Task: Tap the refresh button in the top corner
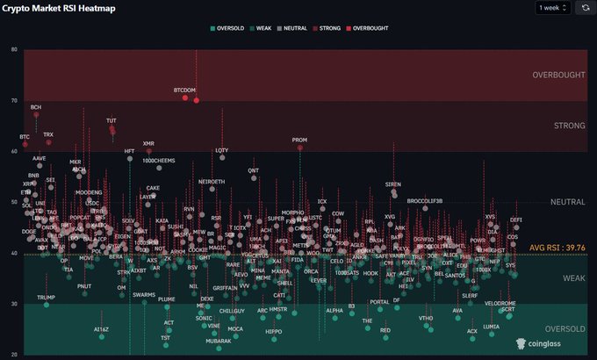coord(585,7)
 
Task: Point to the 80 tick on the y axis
coord(14,49)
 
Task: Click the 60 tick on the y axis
coord(14,151)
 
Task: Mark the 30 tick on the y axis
coord(14,304)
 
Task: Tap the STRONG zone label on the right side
coord(569,126)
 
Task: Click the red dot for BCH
coord(36,114)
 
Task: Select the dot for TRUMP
coord(46,305)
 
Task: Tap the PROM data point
coord(299,148)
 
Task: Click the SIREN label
coord(393,184)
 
